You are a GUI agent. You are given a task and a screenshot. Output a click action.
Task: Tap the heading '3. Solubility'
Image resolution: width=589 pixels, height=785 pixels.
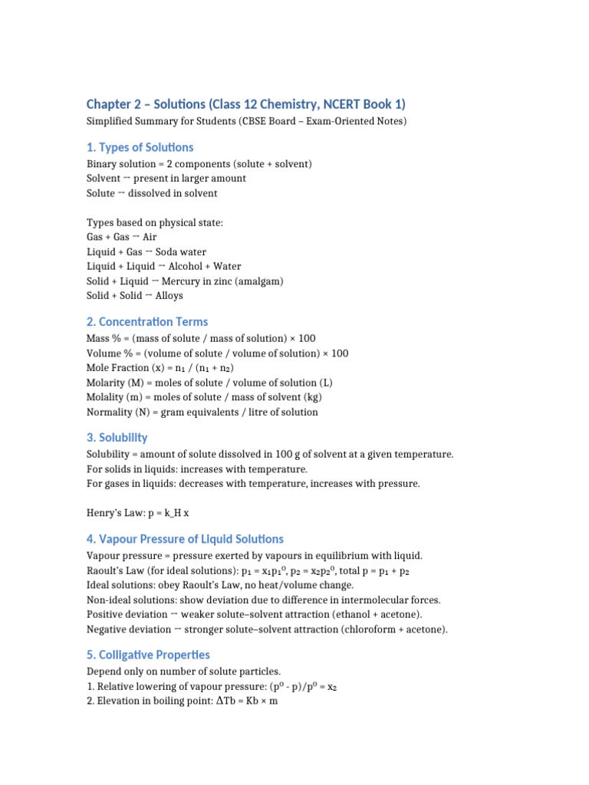[117, 437]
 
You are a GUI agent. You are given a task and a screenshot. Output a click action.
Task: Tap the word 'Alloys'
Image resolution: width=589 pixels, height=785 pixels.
[169, 296]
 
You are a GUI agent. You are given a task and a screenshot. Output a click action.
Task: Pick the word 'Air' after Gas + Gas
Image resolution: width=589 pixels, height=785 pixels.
[150, 238]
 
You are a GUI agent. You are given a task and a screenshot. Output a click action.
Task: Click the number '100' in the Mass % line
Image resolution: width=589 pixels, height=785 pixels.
[306, 339]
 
